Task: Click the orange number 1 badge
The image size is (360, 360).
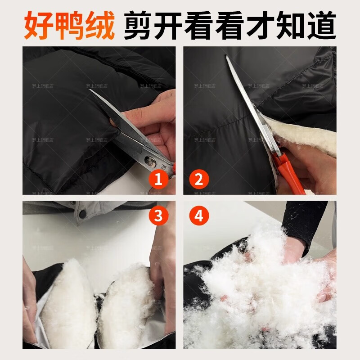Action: pos(158,180)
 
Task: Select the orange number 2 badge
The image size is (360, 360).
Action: pos(198,180)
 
